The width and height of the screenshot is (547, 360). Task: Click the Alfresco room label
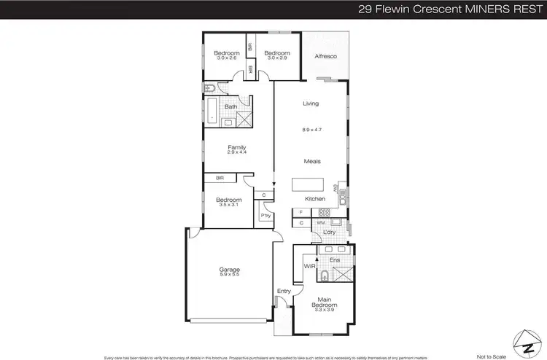click(325, 56)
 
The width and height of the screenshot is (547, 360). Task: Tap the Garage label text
click(230, 269)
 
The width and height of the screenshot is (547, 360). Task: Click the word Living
click(311, 104)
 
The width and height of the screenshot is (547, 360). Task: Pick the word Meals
click(313, 161)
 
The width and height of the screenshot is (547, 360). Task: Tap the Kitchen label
click(315, 199)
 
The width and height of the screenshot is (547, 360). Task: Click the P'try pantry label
click(265, 216)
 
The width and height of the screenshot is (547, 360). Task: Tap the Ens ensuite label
click(335, 259)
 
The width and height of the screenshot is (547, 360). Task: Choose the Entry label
click(284, 291)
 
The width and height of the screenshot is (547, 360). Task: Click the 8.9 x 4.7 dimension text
click(311, 130)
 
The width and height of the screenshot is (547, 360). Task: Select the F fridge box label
click(301, 211)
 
